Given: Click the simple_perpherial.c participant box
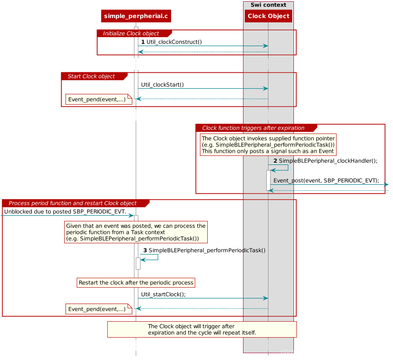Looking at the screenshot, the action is pyautogui.click(x=136, y=16).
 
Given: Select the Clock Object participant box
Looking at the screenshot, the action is pyautogui.click(x=268, y=16).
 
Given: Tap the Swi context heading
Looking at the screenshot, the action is pyautogui.click(x=268, y=5).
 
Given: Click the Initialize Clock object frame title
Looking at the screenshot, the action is pyautogui.click(x=131, y=34).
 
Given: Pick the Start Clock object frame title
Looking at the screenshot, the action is pyautogui.click(x=91, y=76).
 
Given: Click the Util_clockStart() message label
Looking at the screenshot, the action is pyautogui.click(x=162, y=85).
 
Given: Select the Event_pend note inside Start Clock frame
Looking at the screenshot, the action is pyautogui.click(x=99, y=99).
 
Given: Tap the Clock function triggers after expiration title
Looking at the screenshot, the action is pyautogui.click(x=253, y=128).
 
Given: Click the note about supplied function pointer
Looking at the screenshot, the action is pyautogui.click(x=268, y=145).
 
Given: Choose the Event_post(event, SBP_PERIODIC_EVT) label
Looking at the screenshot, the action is pyautogui.click(x=326, y=180).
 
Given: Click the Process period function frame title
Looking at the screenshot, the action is pyautogui.click(x=73, y=203).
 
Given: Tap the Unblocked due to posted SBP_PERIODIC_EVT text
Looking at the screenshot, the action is pyautogui.click(x=65, y=212).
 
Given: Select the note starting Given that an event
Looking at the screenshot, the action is pyautogui.click(x=136, y=232).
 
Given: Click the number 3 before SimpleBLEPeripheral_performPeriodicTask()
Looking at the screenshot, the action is pyautogui.click(x=145, y=251).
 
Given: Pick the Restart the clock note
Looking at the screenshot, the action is pyautogui.click(x=136, y=283).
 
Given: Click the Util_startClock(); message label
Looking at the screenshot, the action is pyautogui.click(x=163, y=295).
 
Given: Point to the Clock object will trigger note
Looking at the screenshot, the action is pyautogui.click(x=202, y=329).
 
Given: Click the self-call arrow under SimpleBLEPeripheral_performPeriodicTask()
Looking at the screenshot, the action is pyautogui.click(x=158, y=257).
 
